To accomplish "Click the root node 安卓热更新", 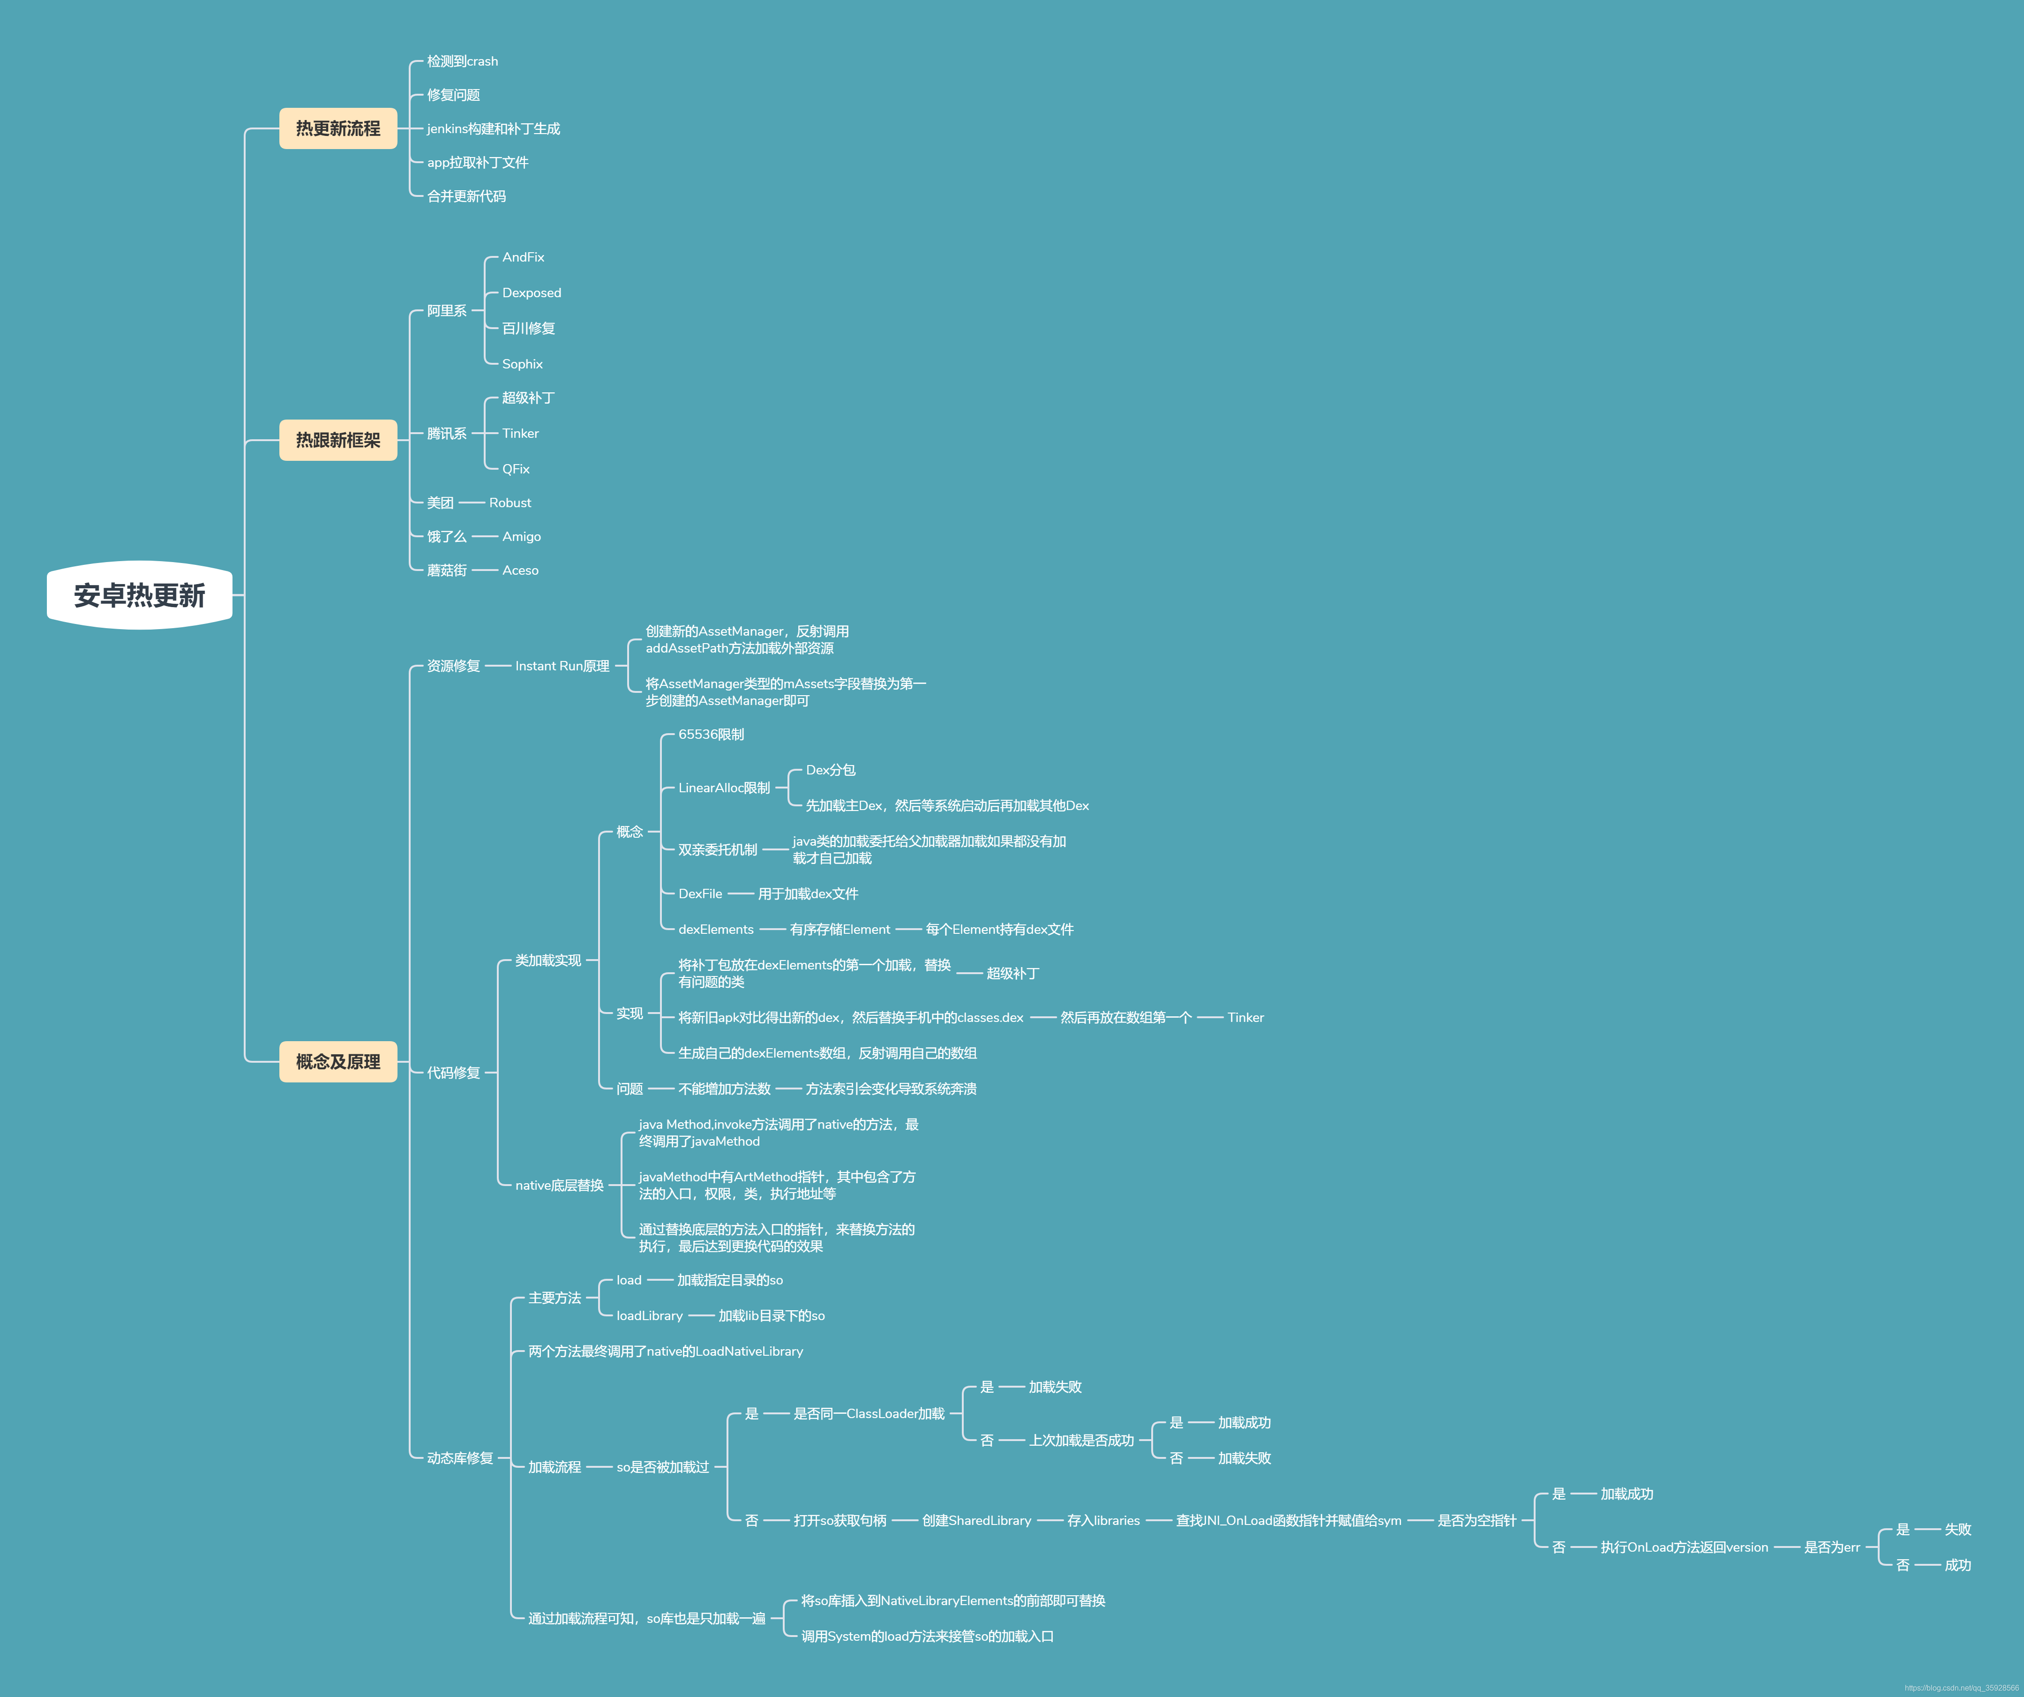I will click(x=140, y=594).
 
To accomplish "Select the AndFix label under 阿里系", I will click(x=524, y=257).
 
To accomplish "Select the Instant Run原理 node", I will click(x=562, y=666).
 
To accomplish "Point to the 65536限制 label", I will click(x=711, y=734).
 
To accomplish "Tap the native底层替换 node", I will click(x=559, y=1185).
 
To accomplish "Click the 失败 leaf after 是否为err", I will click(x=1957, y=1529).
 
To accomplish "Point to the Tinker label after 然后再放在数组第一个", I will click(x=1245, y=1018).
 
